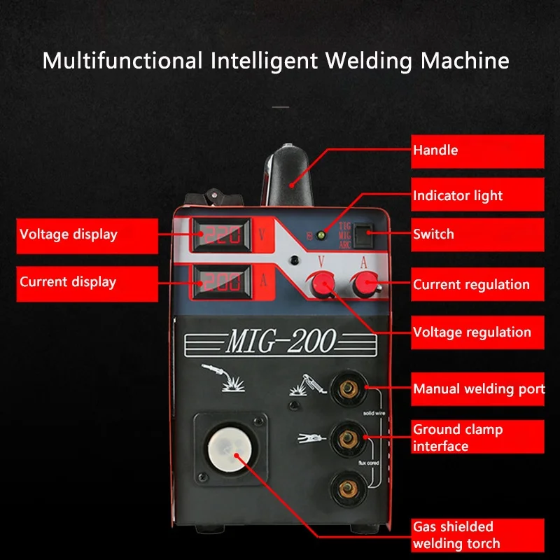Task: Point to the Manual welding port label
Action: [478, 388]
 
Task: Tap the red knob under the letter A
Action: [365, 283]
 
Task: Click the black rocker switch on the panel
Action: [362, 236]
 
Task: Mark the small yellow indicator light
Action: [322, 234]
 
